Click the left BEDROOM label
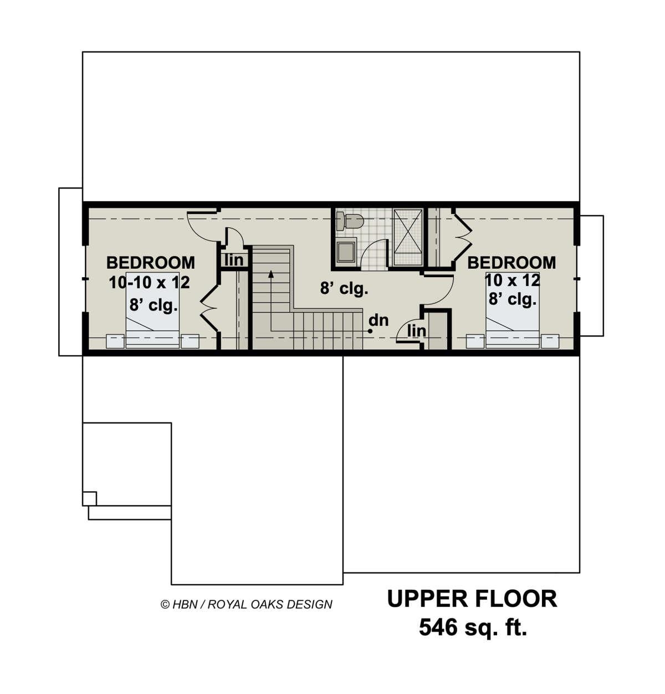[x=150, y=262]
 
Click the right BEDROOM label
[x=511, y=262]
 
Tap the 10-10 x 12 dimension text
[x=149, y=283]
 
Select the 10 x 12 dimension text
[x=512, y=280]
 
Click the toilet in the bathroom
[x=350, y=221]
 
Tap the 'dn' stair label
[x=378, y=320]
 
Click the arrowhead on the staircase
[x=271, y=273]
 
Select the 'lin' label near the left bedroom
[x=234, y=259]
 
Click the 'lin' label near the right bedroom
[x=416, y=330]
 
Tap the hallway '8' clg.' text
[x=344, y=289]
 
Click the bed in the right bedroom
[x=512, y=313]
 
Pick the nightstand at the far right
[x=550, y=341]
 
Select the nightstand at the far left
[x=115, y=341]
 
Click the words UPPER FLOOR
[x=472, y=599]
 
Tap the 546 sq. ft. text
[x=472, y=628]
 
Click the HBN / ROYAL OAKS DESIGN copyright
[x=246, y=604]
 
